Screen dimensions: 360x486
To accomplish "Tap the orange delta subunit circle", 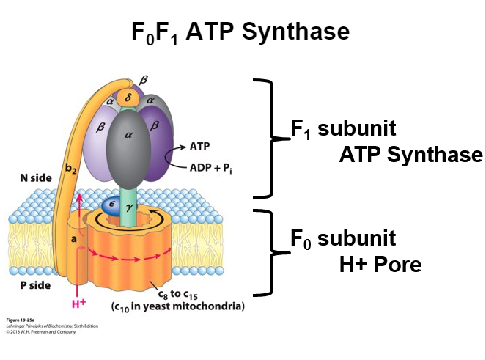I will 128,95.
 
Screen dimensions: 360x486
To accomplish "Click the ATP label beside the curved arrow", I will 199,147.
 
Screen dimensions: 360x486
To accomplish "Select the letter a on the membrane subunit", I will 74,238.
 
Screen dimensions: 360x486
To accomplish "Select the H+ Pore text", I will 380,264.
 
